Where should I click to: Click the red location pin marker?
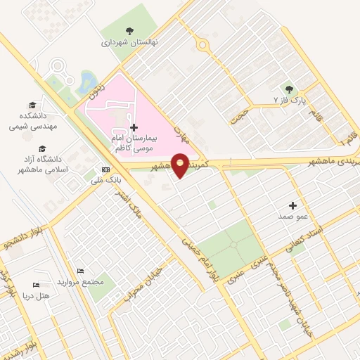tap(181, 165)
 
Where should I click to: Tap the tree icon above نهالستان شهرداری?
tap(129, 30)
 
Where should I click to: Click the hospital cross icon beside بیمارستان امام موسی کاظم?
tap(134, 127)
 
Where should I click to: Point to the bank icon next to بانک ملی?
tap(106, 169)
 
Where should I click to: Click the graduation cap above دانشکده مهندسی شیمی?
tap(33, 103)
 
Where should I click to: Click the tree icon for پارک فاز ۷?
tap(288, 89)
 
